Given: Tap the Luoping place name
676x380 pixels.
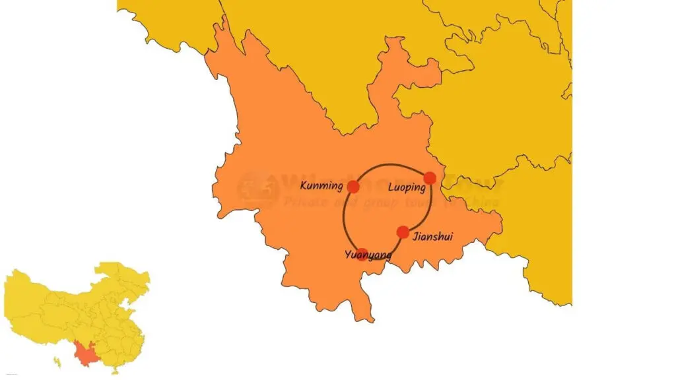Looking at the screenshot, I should point(407,187).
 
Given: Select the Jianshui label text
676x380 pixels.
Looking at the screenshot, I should point(432,237).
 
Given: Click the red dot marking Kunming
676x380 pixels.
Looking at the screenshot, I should point(353,187).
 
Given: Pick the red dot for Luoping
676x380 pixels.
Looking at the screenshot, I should point(430,177).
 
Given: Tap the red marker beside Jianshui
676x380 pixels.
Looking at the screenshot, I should point(403,232).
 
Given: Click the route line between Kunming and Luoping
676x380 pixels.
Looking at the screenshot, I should point(389,164).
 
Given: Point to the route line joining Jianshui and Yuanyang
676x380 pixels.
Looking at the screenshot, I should point(384,247).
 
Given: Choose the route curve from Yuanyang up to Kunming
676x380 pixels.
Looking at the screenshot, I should point(344,221).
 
